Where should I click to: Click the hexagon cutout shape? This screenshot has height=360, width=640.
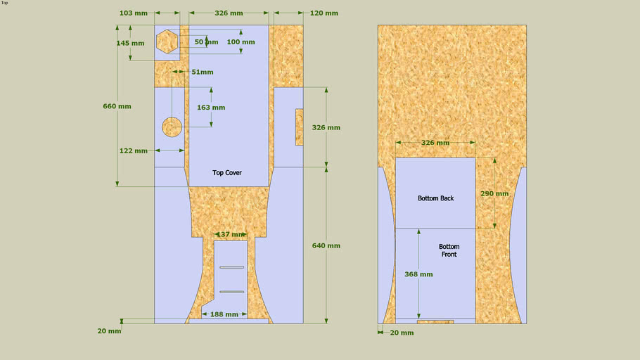click(167, 41)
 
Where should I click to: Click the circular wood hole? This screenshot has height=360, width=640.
click(172, 127)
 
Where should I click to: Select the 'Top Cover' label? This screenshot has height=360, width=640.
click(227, 173)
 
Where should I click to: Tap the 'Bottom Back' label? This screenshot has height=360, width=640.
click(435, 198)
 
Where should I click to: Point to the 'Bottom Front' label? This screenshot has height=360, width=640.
click(449, 250)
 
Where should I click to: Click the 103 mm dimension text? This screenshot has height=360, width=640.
click(134, 13)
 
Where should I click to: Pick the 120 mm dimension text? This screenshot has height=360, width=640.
click(324, 13)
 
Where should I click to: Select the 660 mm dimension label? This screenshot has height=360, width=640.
click(117, 106)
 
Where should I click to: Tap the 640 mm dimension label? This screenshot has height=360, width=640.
click(326, 245)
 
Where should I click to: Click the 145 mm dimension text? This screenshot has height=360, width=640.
click(130, 44)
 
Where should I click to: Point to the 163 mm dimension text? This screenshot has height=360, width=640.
click(211, 108)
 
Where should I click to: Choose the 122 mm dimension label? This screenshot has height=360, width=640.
click(134, 150)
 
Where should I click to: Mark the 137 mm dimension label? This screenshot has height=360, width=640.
click(231, 234)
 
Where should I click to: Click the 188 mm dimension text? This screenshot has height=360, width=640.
click(224, 314)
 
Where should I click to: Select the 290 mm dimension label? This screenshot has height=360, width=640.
click(494, 193)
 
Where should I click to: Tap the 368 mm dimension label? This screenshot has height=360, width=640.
click(418, 274)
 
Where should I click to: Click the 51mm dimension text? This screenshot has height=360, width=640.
click(203, 72)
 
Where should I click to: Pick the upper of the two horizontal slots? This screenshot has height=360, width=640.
click(232, 267)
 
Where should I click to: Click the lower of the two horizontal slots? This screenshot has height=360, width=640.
click(232, 292)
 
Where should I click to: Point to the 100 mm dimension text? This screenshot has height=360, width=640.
click(241, 42)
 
